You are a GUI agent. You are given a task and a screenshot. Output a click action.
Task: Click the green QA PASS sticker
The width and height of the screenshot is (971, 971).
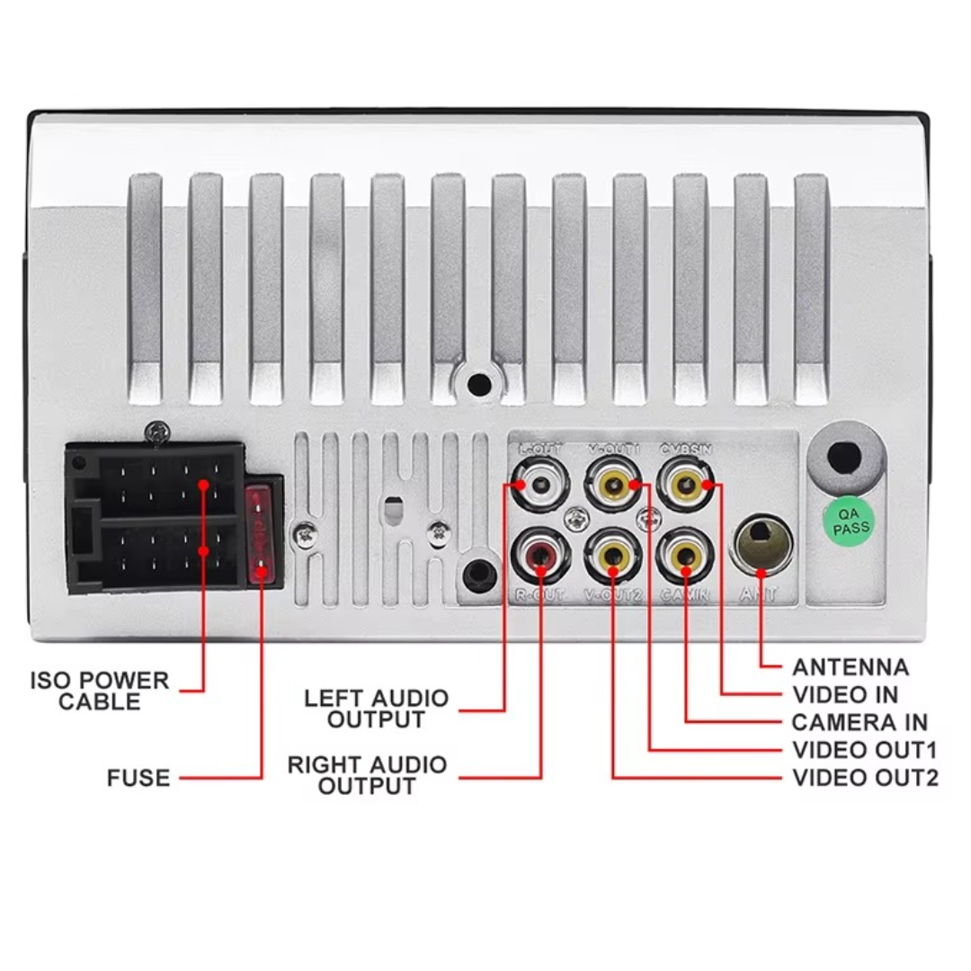pyautogui.click(x=850, y=522)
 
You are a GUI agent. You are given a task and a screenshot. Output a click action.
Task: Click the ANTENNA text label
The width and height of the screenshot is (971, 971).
pyautogui.click(x=850, y=667)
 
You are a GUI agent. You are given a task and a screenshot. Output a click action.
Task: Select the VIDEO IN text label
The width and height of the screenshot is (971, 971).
pyautogui.click(x=844, y=695)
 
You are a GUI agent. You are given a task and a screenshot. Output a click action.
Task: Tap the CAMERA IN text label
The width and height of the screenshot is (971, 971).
pyautogui.click(x=859, y=722)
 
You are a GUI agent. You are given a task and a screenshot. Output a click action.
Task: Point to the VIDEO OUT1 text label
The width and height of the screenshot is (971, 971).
pyautogui.click(x=864, y=750)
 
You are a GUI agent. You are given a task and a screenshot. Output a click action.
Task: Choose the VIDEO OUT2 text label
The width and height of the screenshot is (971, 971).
pyautogui.click(x=864, y=778)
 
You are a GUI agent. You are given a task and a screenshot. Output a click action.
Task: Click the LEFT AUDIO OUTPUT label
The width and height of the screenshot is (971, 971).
pyautogui.click(x=376, y=709)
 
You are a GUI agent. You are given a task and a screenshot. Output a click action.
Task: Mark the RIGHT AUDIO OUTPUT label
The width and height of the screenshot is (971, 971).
pyautogui.click(x=367, y=776)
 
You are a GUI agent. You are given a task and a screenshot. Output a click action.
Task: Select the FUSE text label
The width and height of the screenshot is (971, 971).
pyautogui.click(x=138, y=778)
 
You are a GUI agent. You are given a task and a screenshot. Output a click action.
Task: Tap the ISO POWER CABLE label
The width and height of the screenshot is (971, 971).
pyautogui.click(x=100, y=690)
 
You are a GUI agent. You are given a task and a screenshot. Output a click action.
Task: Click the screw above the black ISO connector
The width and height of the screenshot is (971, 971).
pyautogui.click(x=160, y=432)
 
